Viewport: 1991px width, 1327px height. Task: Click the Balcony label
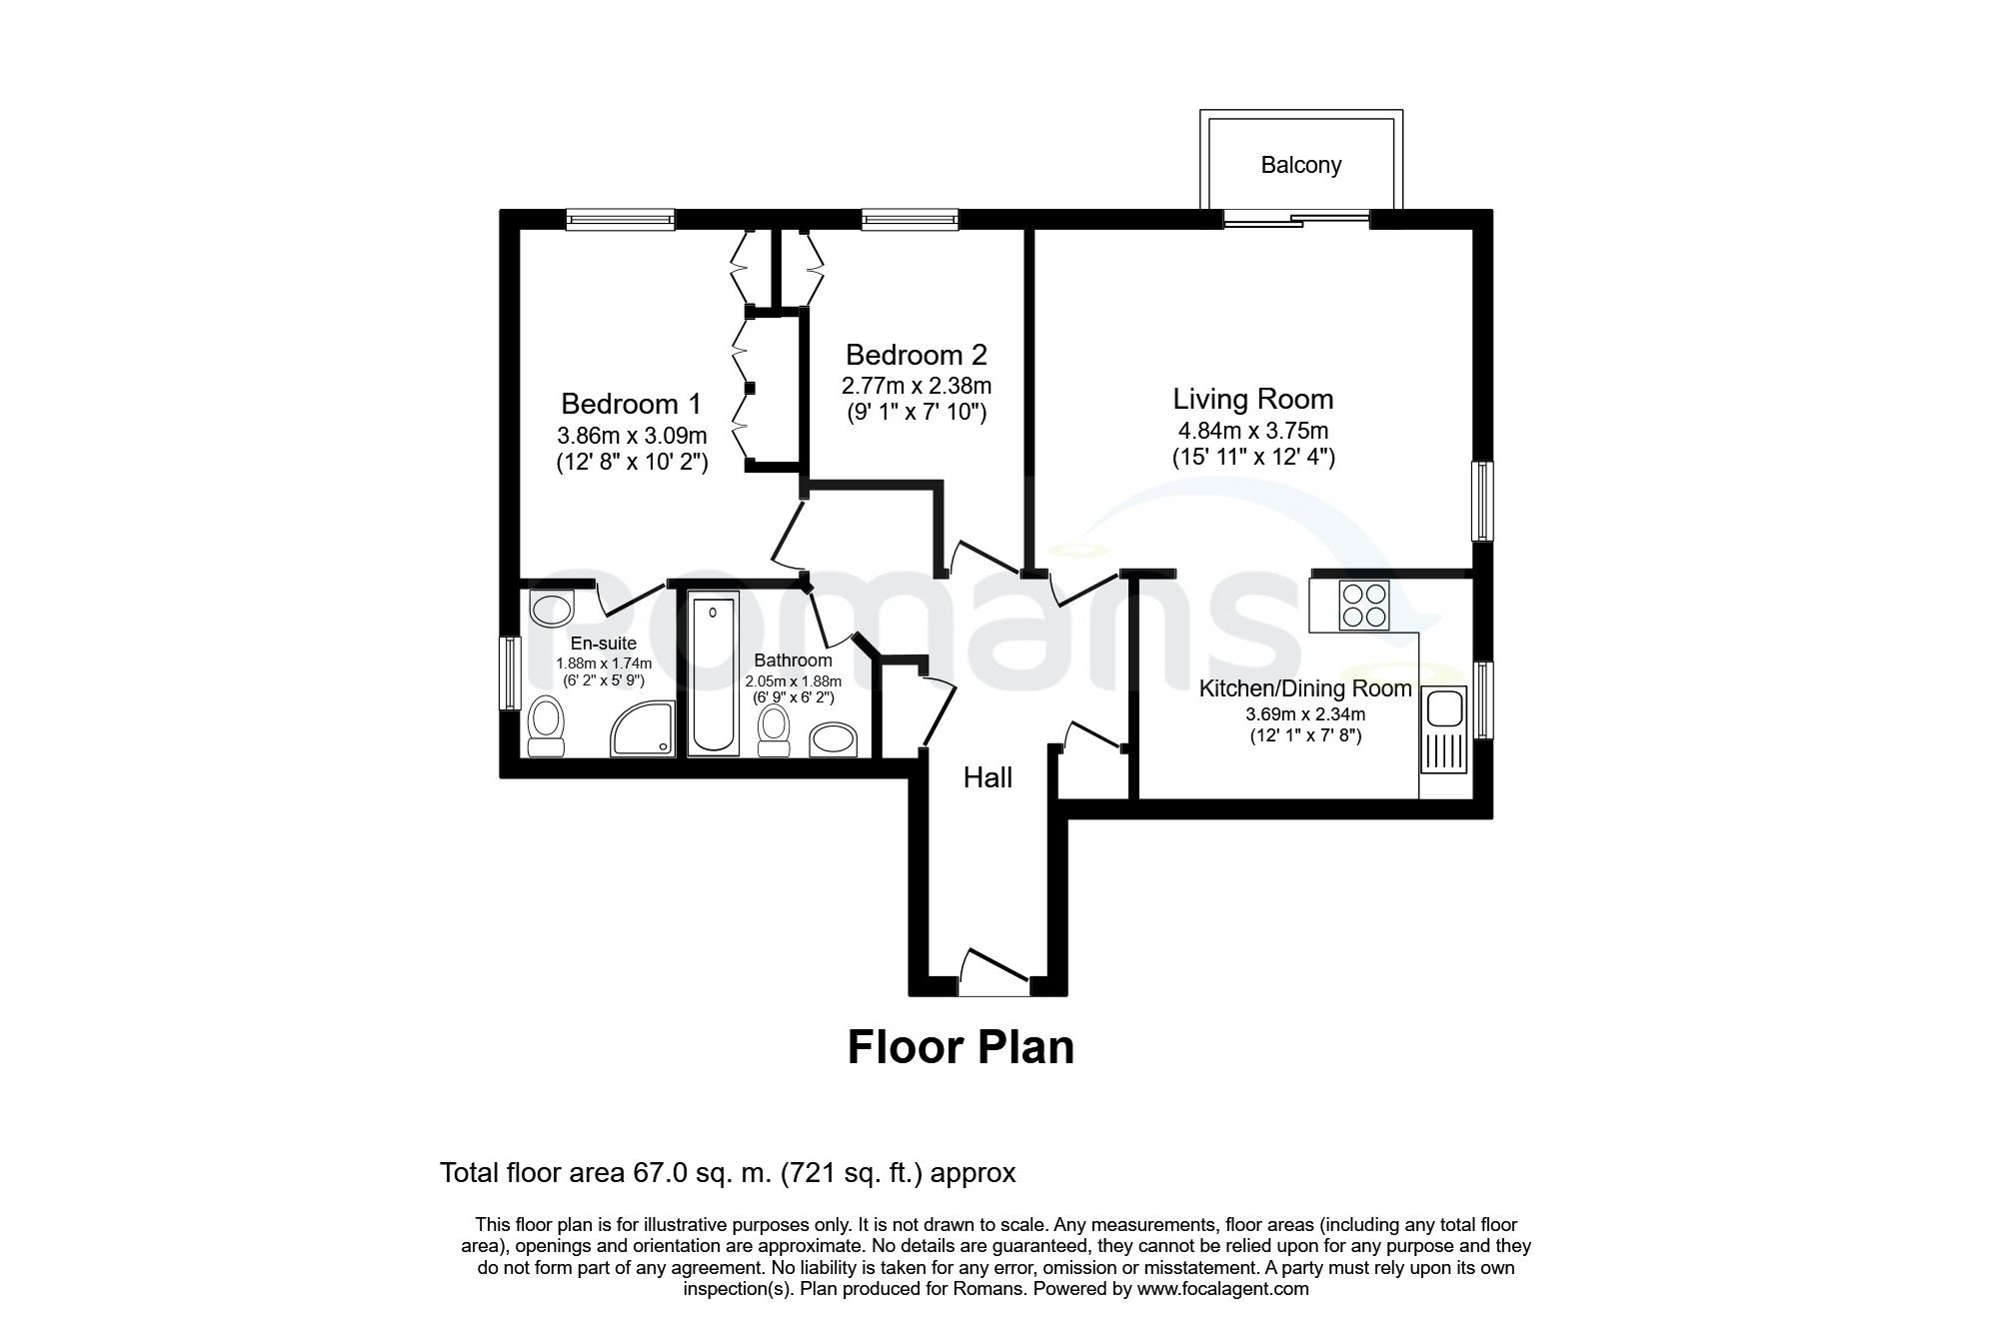[1300, 165]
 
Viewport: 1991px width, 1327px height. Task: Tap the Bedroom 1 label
[631, 404]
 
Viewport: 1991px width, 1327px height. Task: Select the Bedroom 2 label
[916, 355]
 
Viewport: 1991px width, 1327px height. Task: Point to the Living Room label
[1253, 400]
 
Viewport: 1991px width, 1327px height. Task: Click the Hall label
[988, 777]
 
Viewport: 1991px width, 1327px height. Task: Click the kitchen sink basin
[1442, 709]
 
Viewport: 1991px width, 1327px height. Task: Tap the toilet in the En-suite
[546, 727]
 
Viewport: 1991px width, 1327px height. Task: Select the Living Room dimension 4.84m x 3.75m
[1253, 432]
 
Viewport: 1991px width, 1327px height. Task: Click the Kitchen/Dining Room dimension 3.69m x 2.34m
[1305, 714]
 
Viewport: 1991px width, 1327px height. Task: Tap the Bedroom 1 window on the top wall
[619, 218]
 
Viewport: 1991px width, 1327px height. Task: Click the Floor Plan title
[961, 1047]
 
